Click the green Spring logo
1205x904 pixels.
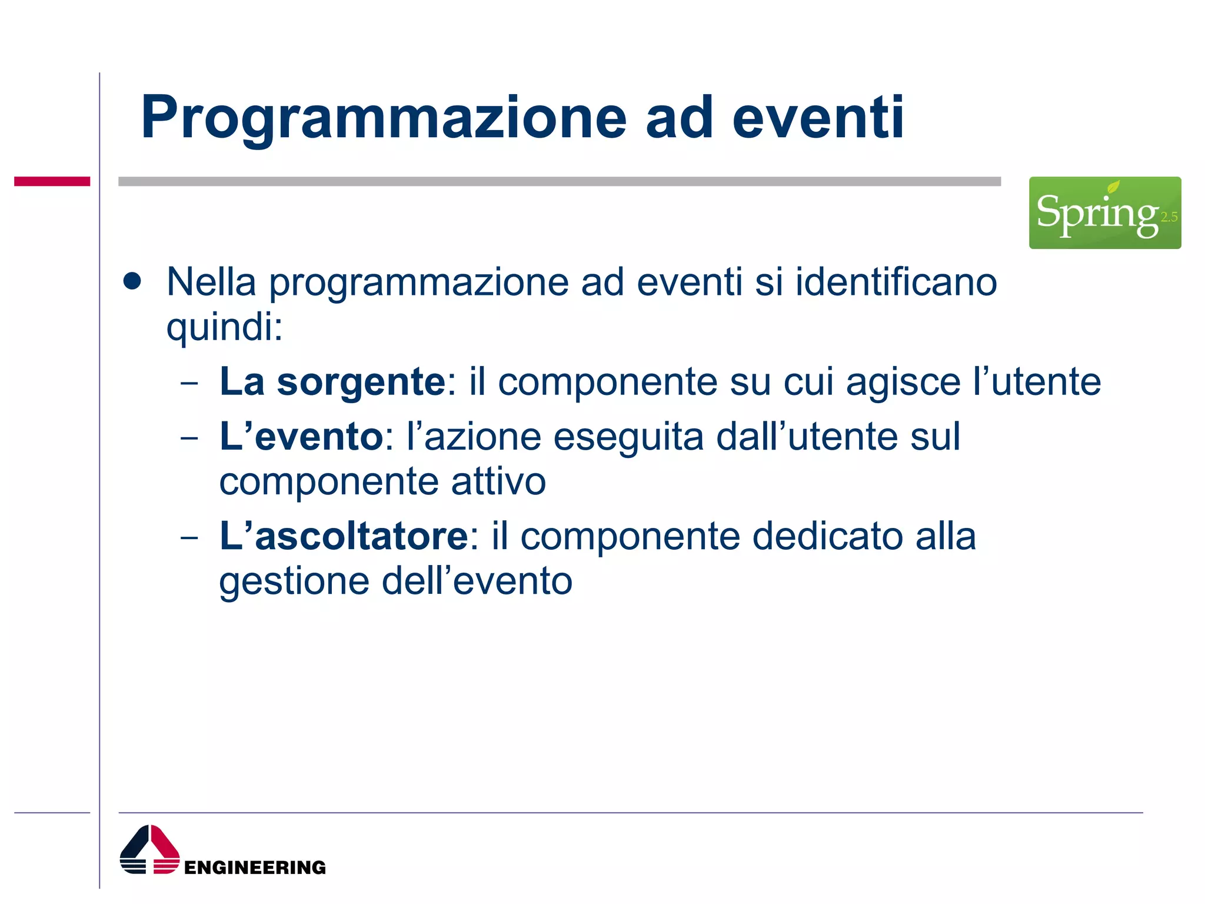[1104, 212]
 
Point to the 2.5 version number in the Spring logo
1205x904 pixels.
[1169, 217]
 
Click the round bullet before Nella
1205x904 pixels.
[132, 281]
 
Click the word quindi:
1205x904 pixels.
[224, 327]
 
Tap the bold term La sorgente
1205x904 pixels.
[332, 381]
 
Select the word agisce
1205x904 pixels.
[903, 381]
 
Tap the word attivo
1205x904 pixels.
[498, 481]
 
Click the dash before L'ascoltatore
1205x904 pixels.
[189, 537]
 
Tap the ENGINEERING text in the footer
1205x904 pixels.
[255, 867]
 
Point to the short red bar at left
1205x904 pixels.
[52, 181]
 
